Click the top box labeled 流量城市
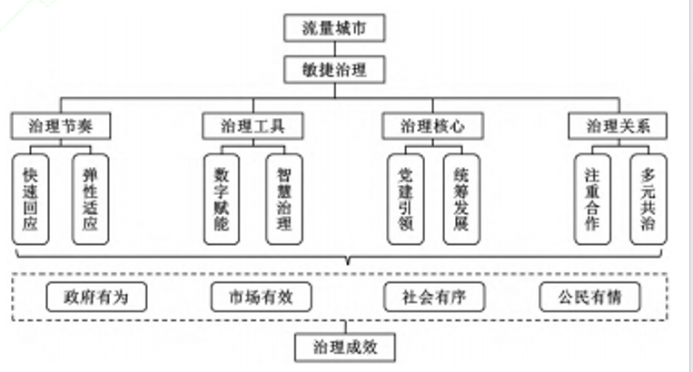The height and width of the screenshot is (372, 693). pos(334,28)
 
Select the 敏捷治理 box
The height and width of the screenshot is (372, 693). pos(334,69)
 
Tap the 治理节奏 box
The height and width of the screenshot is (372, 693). pos(61,126)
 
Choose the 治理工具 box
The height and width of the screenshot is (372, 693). pos(252,126)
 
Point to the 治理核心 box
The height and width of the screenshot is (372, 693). pos(432,126)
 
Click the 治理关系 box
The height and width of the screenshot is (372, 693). pos(618,126)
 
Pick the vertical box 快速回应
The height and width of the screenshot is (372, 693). pos(31,199)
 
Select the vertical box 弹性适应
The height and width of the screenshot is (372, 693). pos(90,199)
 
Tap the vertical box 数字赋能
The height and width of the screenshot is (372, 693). pos(222,199)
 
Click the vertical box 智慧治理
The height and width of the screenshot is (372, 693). pos(284,199)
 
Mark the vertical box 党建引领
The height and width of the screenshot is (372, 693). pos(406,199)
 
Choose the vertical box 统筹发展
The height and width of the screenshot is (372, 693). pos(461,199)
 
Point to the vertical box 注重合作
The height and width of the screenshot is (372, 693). pos(592,199)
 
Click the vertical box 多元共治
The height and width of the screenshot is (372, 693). pos(648,199)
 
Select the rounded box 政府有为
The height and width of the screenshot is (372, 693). pos(96,297)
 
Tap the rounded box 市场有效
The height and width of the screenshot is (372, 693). pos(262,297)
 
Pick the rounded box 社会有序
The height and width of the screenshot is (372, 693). pos(434,297)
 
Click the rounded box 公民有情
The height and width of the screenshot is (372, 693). pos(590,297)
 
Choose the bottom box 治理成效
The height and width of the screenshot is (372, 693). pos(345,348)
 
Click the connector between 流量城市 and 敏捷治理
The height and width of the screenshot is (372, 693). pos(334,48)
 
